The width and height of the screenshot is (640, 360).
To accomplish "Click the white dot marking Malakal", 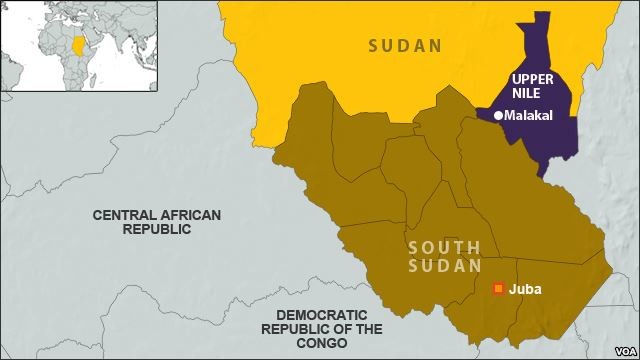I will point(497,116).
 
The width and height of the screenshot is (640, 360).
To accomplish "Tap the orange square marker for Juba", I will point(497,289).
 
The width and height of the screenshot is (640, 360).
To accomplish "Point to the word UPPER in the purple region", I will point(531,78).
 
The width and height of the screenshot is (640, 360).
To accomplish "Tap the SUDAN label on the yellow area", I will point(404,45).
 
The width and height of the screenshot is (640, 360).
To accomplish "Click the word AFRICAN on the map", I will point(186,215).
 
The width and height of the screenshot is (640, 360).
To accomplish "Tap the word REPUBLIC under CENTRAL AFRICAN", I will point(155,229).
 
